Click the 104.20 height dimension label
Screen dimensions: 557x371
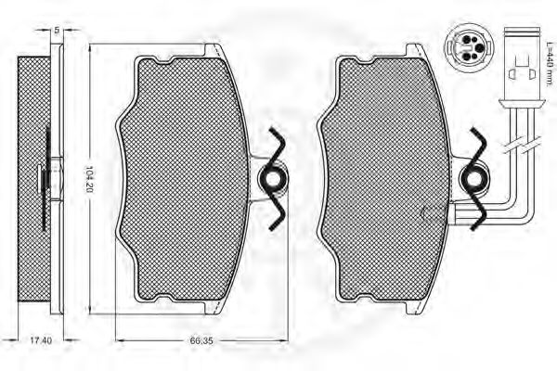click(89, 179)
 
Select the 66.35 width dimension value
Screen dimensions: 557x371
click(201, 340)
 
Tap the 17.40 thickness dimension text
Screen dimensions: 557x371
click(41, 340)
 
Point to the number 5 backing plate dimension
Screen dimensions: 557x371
click(56, 31)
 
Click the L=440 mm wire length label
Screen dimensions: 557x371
click(550, 62)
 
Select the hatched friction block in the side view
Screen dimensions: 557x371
click(34, 180)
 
